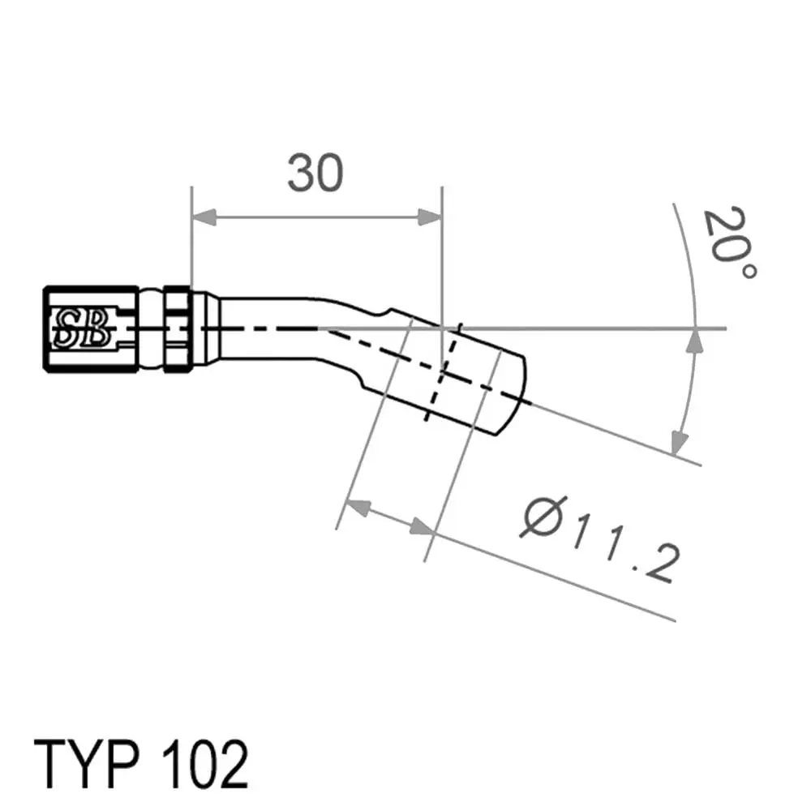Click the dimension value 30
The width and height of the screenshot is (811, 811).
pyautogui.click(x=315, y=173)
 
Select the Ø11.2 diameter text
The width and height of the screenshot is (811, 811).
pyautogui.click(x=600, y=540)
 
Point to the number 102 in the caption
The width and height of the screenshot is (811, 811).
pyautogui.click(x=205, y=764)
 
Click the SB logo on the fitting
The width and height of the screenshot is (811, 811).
pyautogui.click(x=82, y=329)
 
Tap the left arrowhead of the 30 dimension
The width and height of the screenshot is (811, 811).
pyautogui.click(x=204, y=217)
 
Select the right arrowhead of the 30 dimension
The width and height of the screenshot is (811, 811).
pyautogui.click(x=430, y=217)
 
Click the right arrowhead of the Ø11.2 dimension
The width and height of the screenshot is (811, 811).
pyautogui.click(x=421, y=526)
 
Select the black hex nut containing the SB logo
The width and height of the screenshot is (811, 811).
pyautogui.click(x=91, y=329)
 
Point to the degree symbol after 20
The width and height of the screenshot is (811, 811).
pyautogui.click(x=749, y=271)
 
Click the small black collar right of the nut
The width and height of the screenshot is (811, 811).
pyautogui.click(x=178, y=329)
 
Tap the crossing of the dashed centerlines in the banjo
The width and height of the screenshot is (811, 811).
pyautogui.click(x=440, y=371)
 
